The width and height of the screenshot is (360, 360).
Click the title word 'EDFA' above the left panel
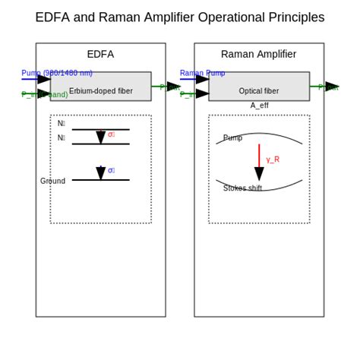click(100, 54)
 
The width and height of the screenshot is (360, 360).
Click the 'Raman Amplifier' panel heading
click(258, 54)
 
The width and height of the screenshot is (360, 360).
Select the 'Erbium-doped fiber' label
click(100, 91)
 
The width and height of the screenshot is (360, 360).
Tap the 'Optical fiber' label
click(258, 91)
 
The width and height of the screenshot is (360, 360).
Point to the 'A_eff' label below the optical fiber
click(259, 106)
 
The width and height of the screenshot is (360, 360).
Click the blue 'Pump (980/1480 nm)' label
click(57, 73)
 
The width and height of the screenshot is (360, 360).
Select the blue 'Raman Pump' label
click(202, 73)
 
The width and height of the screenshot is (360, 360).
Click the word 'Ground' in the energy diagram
click(52, 181)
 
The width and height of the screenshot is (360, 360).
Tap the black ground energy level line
click(114, 180)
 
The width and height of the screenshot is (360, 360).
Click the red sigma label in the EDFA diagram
click(111, 134)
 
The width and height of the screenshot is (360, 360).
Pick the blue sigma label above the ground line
click(111, 170)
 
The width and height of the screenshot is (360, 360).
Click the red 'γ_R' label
click(273, 159)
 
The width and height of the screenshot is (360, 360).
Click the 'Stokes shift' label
click(242, 188)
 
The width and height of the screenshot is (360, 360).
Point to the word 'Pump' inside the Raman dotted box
click(232, 138)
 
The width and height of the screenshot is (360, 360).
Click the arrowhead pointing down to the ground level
click(100, 174)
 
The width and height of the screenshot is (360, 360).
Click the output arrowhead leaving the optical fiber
click(331, 87)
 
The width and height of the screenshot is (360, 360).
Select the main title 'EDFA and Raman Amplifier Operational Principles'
click(180, 17)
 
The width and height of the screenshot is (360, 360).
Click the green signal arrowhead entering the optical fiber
click(201, 94)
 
